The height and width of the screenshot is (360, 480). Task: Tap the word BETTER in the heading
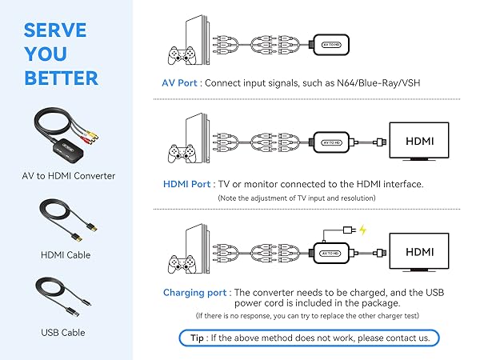point(62,78)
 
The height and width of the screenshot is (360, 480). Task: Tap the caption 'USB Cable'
point(62,332)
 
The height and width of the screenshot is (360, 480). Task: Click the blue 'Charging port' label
point(197,293)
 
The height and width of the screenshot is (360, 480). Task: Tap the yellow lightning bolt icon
point(362,230)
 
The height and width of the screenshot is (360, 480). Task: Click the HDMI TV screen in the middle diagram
point(420,140)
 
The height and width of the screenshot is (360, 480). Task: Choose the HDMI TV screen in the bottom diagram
point(420,250)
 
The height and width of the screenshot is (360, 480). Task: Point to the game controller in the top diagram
point(179,55)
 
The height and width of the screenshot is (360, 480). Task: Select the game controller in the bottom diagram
point(179,262)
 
